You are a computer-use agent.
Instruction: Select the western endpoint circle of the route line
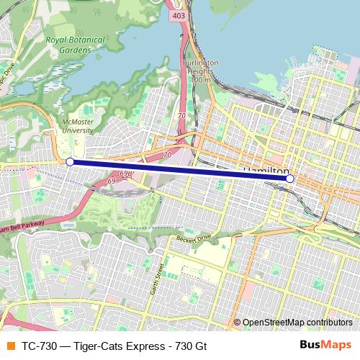click(x=70, y=163)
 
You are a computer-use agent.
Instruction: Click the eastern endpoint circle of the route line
click(x=289, y=178)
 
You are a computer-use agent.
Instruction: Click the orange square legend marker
click(x=9, y=345)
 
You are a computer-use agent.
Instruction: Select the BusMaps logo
click(x=326, y=344)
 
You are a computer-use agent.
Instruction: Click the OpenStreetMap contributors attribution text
click(x=297, y=323)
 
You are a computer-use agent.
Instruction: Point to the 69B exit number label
click(x=126, y=174)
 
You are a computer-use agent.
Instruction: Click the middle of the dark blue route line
click(x=180, y=171)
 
